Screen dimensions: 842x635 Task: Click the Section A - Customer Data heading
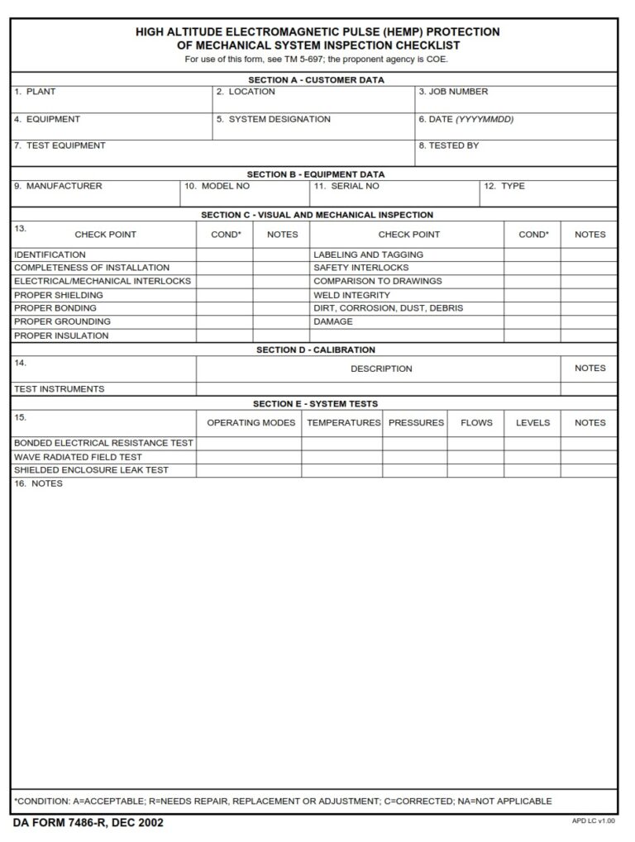point(317,80)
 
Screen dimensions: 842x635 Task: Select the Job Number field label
point(453,93)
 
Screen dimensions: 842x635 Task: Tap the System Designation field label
point(274,120)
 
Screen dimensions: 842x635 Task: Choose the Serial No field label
point(347,187)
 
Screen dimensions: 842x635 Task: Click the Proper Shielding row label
point(59,295)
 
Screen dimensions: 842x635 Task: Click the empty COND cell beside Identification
point(225,255)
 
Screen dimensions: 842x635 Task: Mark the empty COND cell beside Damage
point(532,322)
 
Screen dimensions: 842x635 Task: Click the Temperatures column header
point(343,423)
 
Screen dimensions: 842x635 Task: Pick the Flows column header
point(476,423)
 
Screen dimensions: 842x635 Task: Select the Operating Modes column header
point(251,423)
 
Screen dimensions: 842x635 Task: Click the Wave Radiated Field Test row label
point(78,457)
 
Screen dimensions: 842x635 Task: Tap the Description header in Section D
point(381,369)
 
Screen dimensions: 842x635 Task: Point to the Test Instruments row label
point(60,389)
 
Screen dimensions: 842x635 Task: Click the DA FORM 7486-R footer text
point(88,823)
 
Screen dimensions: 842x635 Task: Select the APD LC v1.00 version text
point(593,821)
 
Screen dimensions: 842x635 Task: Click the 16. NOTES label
point(38,484)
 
